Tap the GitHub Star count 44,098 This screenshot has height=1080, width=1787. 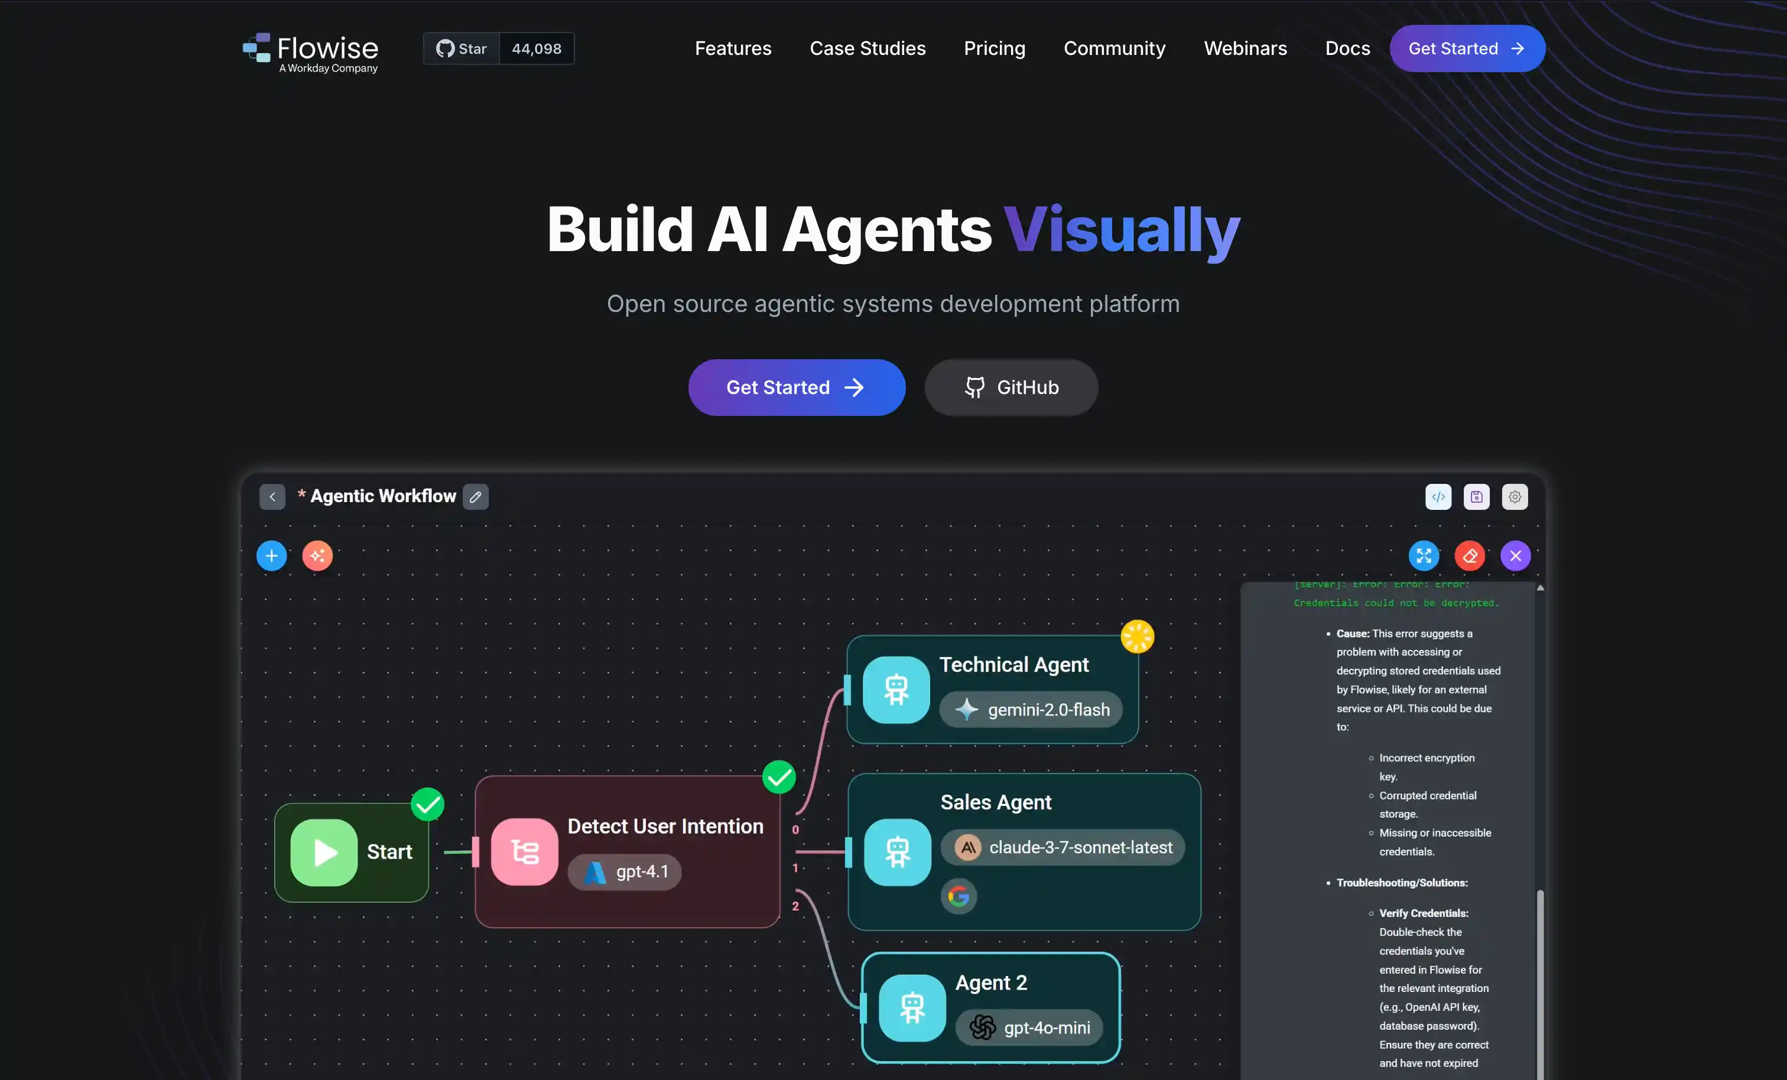536,48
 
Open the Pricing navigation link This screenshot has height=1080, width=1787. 995,48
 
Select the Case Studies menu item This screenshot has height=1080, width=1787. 867,48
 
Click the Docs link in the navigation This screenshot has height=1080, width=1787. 1347,48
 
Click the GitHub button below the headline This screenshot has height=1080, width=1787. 1011,388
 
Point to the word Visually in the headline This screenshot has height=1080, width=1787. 1122,230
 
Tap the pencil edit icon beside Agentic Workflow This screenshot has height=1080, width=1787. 476,497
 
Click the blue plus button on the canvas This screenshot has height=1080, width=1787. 272,557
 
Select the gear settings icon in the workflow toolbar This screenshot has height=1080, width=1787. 1515,497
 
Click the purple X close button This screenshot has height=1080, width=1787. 1515,557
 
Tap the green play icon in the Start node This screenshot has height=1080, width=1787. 324,853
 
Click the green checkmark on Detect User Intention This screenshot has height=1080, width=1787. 779,778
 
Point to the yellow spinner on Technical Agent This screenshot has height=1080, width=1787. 1137,637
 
